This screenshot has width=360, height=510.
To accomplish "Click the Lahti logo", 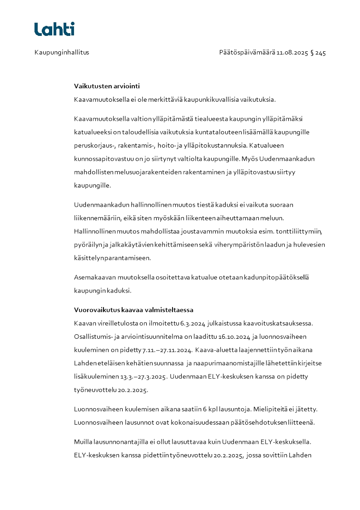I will (54, 29).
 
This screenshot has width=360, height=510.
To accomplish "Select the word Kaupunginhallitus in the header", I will (62, 52).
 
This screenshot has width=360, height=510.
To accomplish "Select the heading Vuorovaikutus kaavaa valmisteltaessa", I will (133, 310).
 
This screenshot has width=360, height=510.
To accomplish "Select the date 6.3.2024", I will (191, 323).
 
